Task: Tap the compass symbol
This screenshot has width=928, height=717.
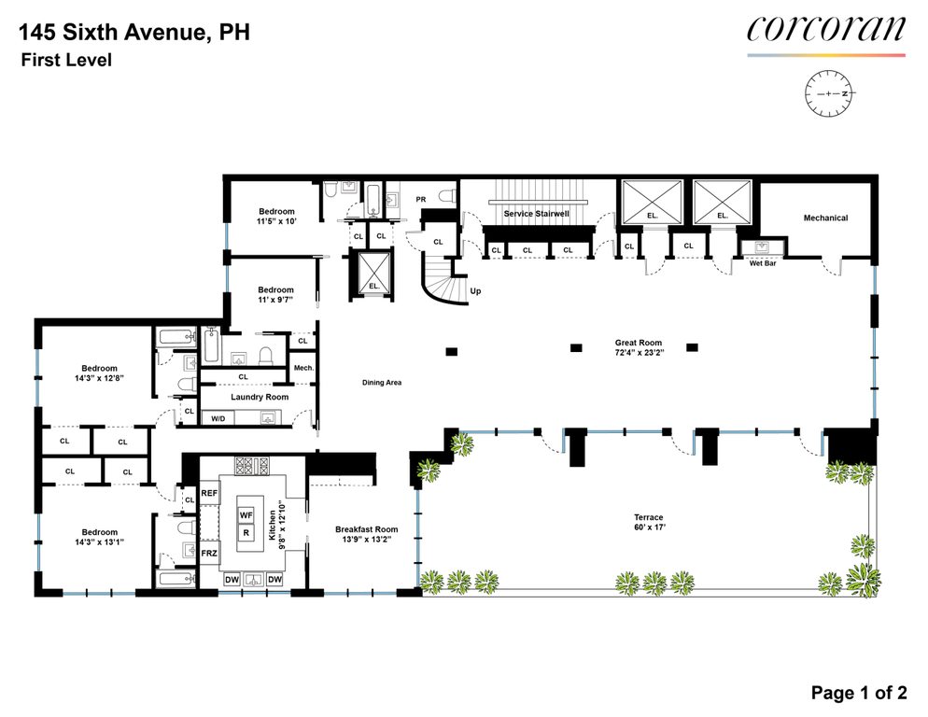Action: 829,93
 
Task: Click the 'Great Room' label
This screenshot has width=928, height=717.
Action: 638,343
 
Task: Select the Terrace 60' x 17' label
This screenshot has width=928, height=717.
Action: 649,522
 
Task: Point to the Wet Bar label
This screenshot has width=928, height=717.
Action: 762,263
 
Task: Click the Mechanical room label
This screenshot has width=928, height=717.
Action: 825,218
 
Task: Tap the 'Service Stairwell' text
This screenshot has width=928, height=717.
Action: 536,214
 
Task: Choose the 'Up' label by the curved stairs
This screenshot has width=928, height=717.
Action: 475,291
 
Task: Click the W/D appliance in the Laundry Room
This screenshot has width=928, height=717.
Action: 218,418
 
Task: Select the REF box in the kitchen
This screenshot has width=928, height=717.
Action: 209,493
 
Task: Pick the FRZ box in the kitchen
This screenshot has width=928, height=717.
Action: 209,554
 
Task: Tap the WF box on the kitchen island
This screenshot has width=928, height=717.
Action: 246,515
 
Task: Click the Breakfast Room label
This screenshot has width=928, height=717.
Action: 366,535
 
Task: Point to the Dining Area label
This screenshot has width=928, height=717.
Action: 382,383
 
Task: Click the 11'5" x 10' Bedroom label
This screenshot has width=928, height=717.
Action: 276,217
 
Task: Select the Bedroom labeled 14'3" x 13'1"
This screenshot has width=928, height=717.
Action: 99,537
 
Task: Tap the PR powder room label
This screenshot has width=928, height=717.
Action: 421,200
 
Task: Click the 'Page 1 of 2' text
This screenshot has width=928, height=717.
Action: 859,693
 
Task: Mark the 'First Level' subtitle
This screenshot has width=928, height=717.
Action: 66,61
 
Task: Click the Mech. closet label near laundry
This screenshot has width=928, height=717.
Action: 303,368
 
